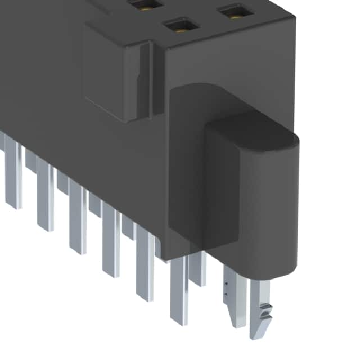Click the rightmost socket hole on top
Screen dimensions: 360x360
pyautogui.click(x=235, y=12)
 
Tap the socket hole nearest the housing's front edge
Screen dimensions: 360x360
pyautogui.click(x=178, y=25)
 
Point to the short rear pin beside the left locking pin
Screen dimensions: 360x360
pyautogui.click(x=197, y=270)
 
